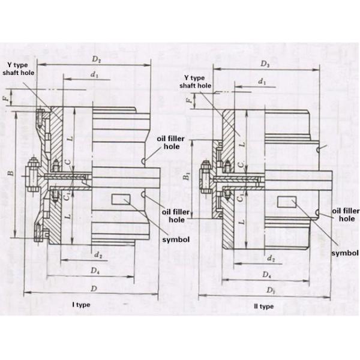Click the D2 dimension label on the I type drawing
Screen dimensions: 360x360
coord(97,59)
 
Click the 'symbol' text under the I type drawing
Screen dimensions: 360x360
coord(177,239)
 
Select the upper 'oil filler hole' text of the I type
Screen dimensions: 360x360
coord(171,142)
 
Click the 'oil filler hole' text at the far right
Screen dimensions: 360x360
coord(345,215)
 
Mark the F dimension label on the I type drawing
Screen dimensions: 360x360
coord(6,97)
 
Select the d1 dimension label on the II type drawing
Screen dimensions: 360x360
coord(261,80)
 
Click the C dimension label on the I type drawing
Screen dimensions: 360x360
coord(68,161)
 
